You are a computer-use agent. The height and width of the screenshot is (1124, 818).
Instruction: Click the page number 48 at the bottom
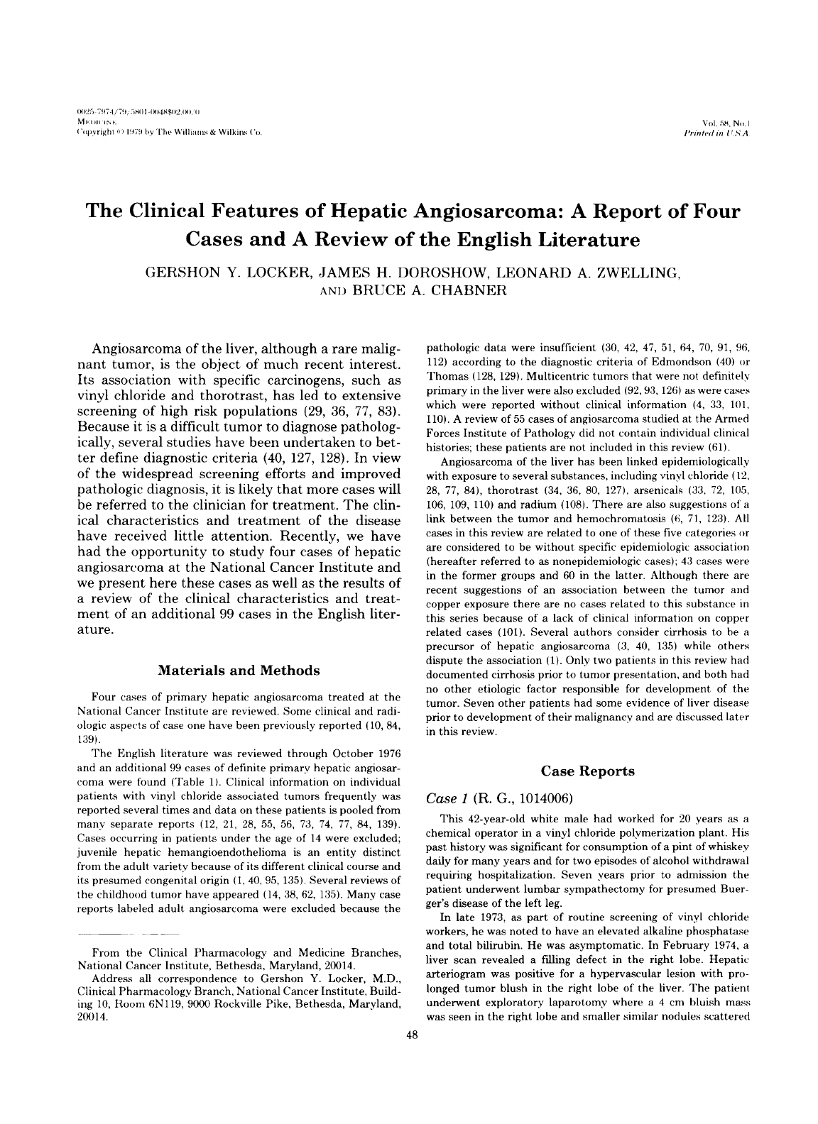coord(409,1035)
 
